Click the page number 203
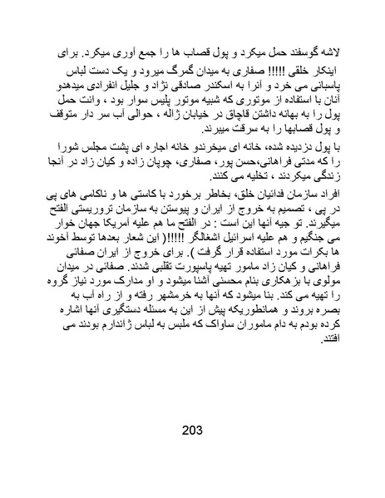191,431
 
